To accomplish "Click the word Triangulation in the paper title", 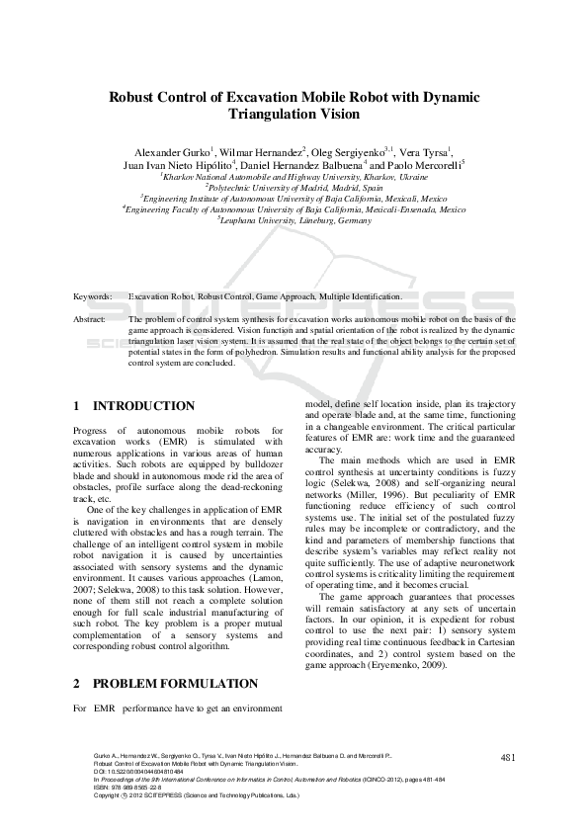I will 254,115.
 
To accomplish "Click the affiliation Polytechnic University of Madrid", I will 294,186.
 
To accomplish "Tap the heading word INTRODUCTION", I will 143,406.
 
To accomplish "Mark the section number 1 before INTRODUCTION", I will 78,406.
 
